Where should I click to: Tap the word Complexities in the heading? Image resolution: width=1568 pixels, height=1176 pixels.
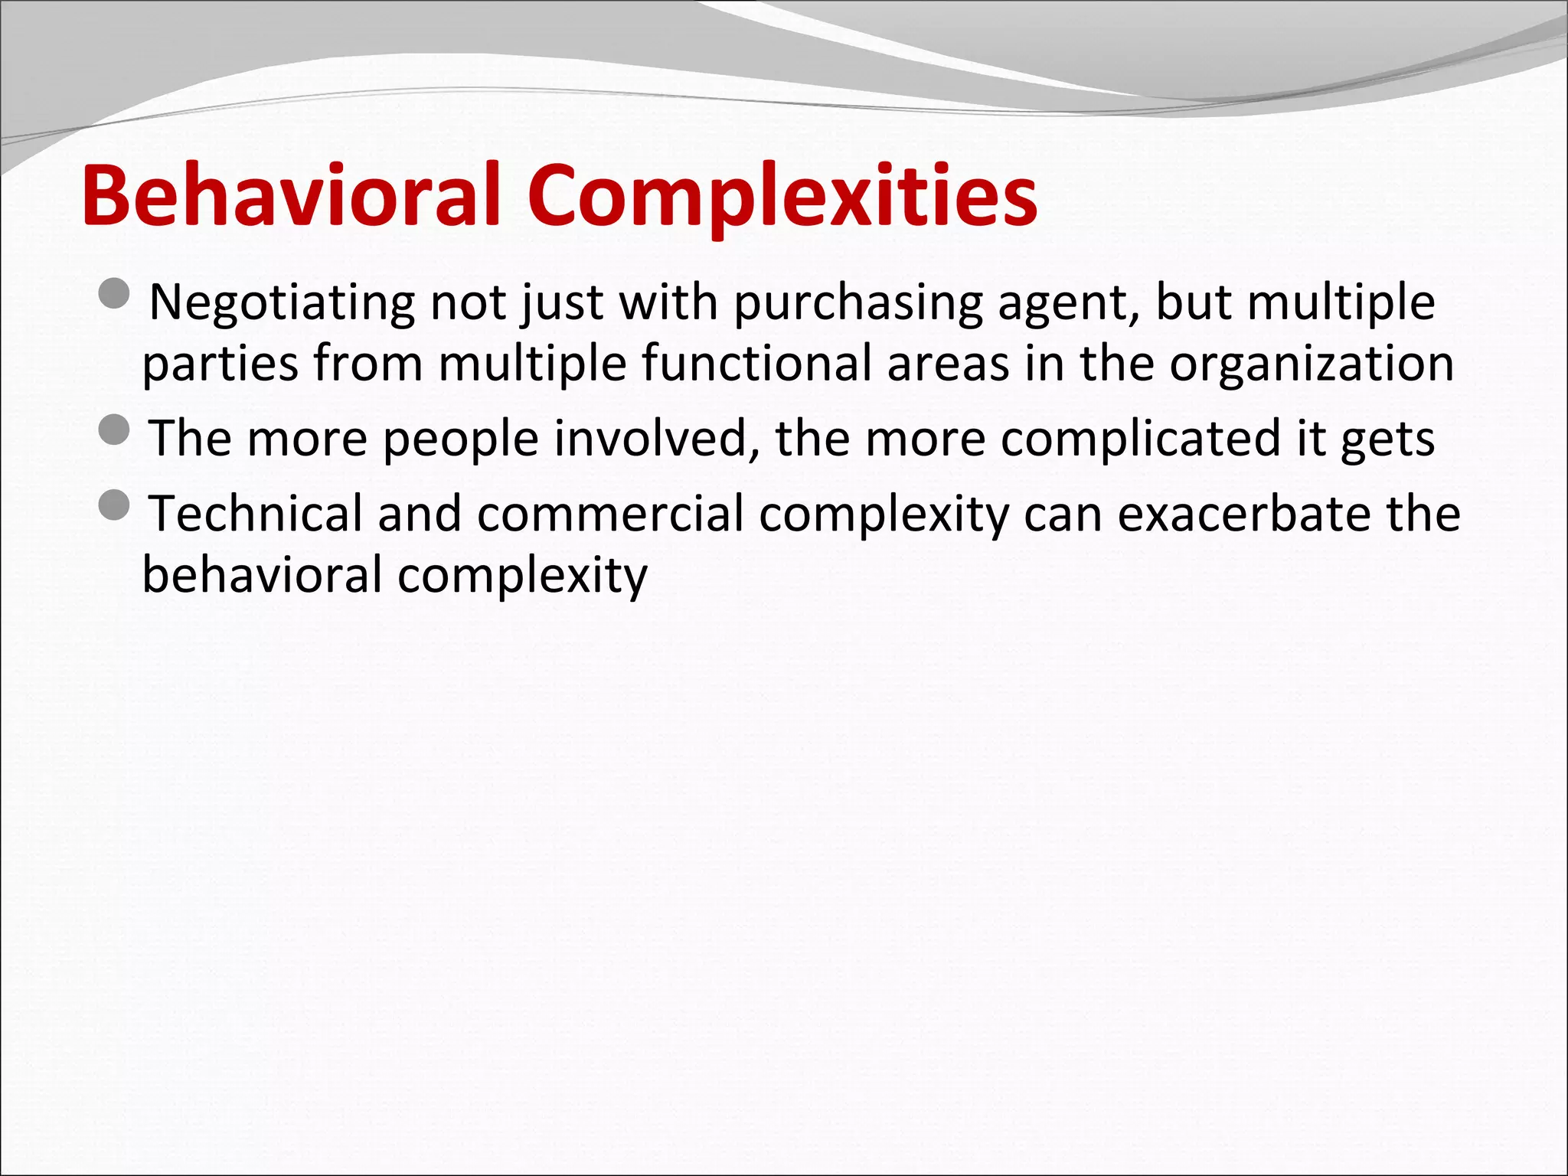click(x=781, y=198)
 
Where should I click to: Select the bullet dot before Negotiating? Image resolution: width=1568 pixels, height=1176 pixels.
click(x=115, y=293)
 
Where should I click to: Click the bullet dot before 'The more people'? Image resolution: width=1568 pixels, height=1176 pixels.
click(x=115, y=430)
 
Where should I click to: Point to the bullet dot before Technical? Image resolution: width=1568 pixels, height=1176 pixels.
click(x=115, y=505)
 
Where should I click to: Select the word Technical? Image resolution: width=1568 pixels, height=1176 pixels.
click(x=256, y=514)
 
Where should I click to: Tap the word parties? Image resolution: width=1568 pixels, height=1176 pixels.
click(x=220, y=364)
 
